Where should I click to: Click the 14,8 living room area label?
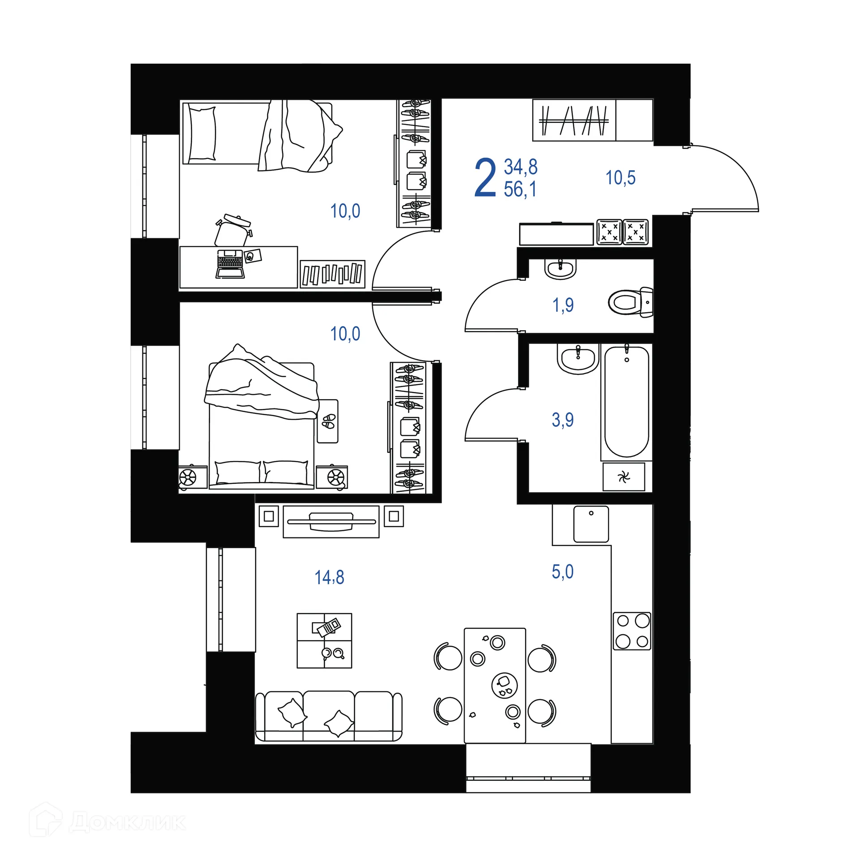coord(329,577)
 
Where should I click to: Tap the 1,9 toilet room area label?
coord(563,305)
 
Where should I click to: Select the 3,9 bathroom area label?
coord(563,420)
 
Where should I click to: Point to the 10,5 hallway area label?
coord(620,178)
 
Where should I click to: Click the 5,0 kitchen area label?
coord(563,572)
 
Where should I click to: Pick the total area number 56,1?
coord(520,189)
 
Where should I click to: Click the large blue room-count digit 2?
coord(485,178)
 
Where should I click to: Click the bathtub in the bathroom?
coord(626,401)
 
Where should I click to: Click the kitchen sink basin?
coord(591,524)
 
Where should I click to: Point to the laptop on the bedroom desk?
coord(230,264)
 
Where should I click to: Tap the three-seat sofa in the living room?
coord(328,716)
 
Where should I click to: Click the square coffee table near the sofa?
coord(324,641)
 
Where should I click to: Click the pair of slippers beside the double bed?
coord(328,421)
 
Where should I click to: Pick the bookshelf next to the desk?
coord(332,274)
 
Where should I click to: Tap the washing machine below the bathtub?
coord(623,477)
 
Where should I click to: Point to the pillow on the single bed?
coord(202,133)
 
